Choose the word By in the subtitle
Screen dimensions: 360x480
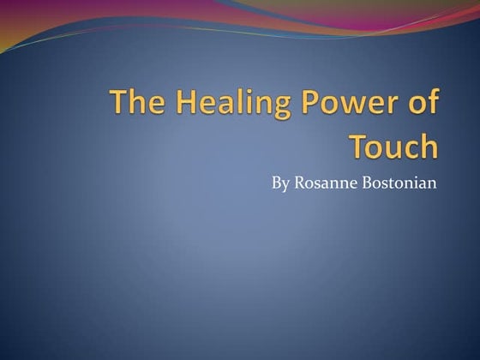point(280,183)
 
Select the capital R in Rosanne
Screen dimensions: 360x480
point(299,183)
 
